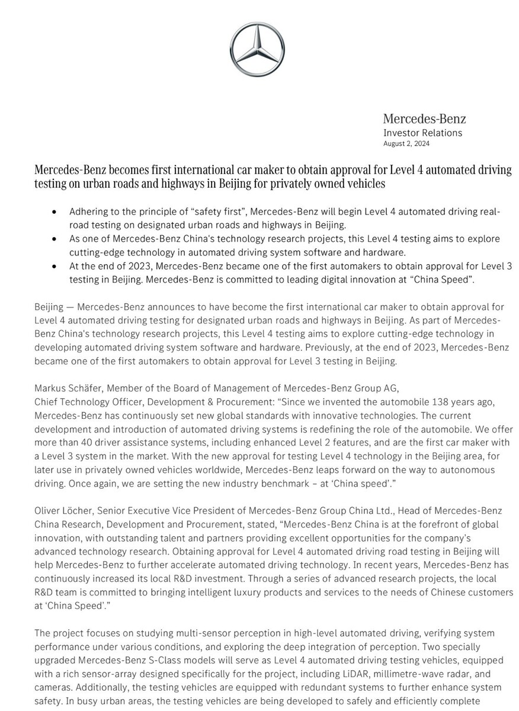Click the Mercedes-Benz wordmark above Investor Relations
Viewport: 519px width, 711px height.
(x=424, y=119)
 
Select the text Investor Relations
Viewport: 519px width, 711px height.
(x=422, y=133)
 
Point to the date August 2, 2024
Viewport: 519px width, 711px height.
(x=406, y=143)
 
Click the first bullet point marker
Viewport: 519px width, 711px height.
(x=55, y=212)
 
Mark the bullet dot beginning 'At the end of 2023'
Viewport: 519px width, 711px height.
(x=55, y=266)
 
